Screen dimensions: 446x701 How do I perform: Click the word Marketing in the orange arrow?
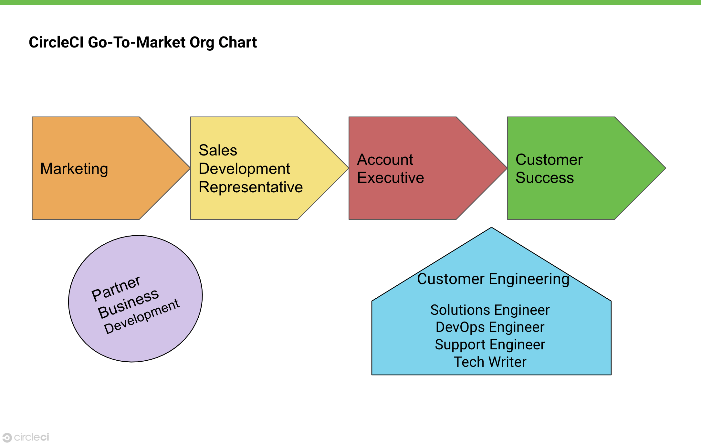pos(74,169)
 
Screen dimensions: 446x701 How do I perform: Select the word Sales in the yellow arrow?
pos(218,150)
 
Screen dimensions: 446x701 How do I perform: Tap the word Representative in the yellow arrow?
pos(251,187)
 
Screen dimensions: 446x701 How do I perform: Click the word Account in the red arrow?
pos(385,160)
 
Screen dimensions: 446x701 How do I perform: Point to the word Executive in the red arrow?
pos(390,178)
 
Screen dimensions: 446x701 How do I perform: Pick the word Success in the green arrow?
pos(544,178)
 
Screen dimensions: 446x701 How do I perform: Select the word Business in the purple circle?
pos(128,303)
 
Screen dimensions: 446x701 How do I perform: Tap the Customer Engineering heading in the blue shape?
pos(493,279)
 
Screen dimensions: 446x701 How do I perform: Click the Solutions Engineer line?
pos(490,310)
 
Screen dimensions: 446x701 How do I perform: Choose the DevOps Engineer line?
pos(490,327)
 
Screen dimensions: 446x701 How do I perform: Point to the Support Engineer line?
pos(490,345)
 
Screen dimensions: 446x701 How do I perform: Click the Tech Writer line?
pos(490,362)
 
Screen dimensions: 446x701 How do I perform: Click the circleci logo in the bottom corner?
pos(26,437)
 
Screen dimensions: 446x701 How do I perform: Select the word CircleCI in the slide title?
pos(56,42)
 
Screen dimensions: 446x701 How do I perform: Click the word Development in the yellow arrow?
pos(244,169)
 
